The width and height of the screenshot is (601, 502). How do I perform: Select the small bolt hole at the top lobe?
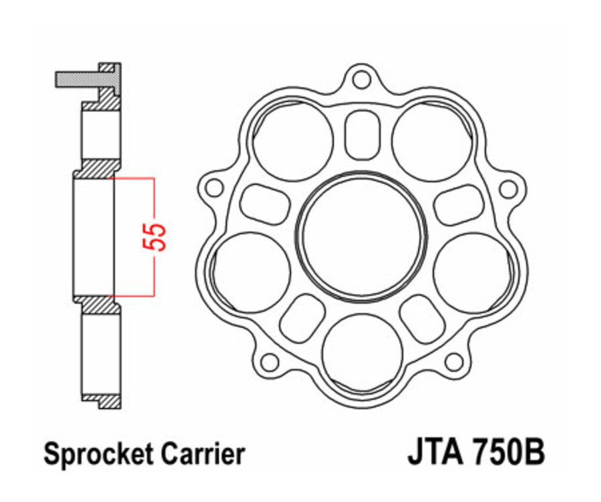point(362,79)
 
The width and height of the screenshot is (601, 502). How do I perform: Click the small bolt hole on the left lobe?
point(214,188)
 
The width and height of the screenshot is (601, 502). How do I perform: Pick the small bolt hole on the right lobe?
point(509,188)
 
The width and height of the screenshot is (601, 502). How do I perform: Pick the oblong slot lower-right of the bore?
point(422,318)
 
